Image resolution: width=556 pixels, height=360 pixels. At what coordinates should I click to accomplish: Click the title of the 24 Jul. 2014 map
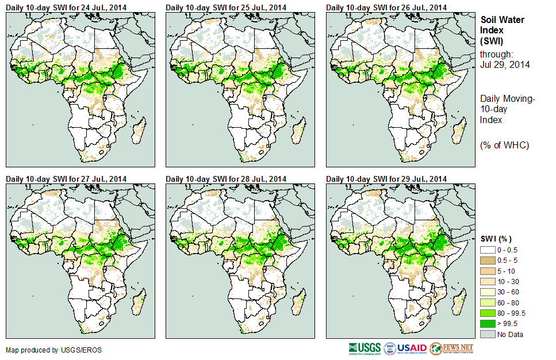point(67,7)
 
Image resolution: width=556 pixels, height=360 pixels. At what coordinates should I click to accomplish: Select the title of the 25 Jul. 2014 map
point(227,7)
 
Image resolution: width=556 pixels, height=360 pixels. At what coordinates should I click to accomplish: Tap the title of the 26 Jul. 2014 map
point(386,7)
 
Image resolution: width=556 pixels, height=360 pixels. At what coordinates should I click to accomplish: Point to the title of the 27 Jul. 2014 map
point(67,179)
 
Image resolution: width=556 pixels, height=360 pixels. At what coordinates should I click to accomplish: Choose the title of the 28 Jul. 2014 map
point(227,179)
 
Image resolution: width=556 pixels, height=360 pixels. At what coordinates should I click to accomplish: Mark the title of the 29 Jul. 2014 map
point(386,179)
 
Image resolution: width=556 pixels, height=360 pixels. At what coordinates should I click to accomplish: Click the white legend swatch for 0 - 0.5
point(488,251)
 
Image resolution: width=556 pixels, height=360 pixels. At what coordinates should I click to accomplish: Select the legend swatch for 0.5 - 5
point(488,261)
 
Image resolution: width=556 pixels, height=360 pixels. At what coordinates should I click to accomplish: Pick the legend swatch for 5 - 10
point(488,271)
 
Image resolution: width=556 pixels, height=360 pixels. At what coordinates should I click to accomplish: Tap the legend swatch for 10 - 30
point(488,282)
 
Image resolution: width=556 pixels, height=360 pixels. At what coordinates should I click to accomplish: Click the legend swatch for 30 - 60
point(488,292)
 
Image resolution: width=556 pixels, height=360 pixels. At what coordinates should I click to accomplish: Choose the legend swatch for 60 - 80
point(488,302)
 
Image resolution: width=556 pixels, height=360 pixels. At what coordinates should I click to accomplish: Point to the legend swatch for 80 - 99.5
point(488,313)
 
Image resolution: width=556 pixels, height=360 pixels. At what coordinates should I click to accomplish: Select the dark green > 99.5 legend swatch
point(488,323)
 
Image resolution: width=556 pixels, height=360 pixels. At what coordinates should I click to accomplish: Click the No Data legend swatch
point(488,334)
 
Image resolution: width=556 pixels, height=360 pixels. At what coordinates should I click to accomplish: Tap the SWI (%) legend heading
point(496,239)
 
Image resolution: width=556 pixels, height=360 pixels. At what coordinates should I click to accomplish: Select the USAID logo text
point(412,348)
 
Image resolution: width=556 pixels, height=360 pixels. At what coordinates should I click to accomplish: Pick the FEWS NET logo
point(452,348)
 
